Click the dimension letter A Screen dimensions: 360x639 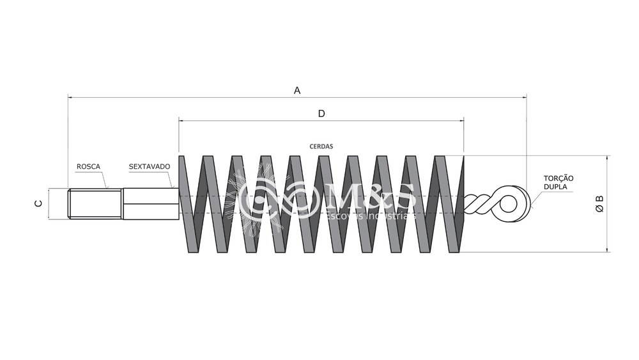(297, 90)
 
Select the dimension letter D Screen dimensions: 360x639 (321, 114)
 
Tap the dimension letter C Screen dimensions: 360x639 (38, 203)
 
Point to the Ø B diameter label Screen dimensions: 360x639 (599, 203)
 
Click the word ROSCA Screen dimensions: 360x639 (88, 166)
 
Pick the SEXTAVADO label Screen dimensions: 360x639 (150, 166)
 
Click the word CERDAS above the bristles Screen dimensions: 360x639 (321, 146)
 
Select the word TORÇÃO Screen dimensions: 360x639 (558, 178)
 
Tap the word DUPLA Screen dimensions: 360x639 (555, 187)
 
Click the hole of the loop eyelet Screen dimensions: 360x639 (509, 204)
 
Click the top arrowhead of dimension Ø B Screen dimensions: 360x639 (606, 158)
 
